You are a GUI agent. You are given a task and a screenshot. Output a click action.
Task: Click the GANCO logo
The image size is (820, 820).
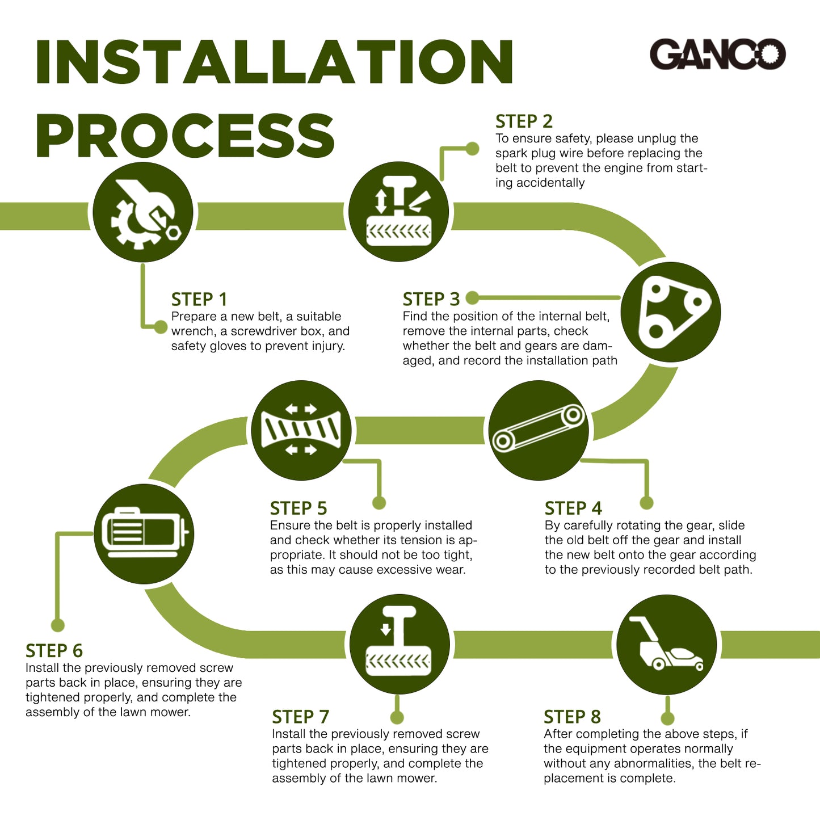[x=717, y=54]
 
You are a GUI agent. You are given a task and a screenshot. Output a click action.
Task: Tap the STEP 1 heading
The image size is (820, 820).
[x=199, y=299]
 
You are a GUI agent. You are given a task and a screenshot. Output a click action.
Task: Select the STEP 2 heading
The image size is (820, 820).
[x=524, y=121]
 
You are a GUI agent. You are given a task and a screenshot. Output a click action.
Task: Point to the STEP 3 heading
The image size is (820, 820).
[x=431, y=299]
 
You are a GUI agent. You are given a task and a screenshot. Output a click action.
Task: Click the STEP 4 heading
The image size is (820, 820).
[x=573, y=508]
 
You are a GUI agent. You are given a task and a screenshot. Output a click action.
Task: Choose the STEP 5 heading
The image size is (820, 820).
[x=298, y=508]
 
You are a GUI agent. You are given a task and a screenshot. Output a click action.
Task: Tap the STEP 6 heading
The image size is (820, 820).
[x=54, y=651]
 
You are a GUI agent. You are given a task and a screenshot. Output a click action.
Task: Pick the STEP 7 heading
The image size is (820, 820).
[x=300, y=717]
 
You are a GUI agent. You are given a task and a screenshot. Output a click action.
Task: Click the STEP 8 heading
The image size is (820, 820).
[x=572, y=717]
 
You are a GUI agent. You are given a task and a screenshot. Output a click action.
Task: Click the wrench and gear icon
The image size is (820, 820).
[x=143, y=212]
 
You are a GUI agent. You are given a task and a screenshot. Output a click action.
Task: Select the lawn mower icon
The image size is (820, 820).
[x=666, y=644]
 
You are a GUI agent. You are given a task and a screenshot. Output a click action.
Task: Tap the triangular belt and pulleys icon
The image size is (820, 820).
[x=671, y=312]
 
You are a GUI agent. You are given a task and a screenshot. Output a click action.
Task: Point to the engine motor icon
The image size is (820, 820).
[x=144, y=533]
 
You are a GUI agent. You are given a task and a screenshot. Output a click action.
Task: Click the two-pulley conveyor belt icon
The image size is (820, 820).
[x=539, y=430]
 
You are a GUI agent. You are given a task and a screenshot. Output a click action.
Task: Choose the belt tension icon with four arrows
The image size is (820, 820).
[x=301, y=430]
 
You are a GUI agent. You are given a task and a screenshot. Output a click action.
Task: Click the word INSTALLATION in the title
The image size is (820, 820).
[x=275, y=62]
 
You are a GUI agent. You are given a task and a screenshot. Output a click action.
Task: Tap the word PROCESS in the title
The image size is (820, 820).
[x=186, y=135]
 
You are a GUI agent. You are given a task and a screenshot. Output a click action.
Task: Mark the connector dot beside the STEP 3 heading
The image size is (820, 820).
[x=472, y=298]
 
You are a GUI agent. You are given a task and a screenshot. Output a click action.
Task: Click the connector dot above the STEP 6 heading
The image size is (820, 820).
[x=58, y=625]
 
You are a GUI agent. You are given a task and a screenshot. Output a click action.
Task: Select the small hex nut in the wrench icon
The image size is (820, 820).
[x=173, y=232]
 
